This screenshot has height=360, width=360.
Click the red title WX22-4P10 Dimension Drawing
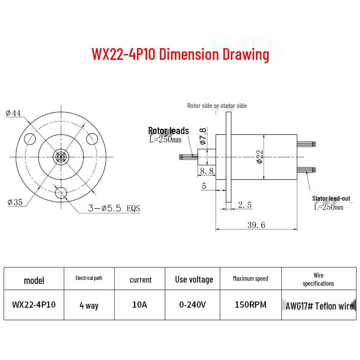tap(180, 54)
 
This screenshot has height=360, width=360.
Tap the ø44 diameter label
tap(13, 113)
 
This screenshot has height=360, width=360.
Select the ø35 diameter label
tap(15, 202)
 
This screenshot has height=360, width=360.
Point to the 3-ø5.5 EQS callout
tap(114, 208)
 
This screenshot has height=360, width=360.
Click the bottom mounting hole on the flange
tap(61, 193)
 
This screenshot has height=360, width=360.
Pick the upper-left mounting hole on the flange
tap(30, 139)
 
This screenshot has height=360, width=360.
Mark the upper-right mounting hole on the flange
tap(92, 139)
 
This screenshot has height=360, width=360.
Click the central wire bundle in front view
tap(61, 157)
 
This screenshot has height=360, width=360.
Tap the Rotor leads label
tap(168, 130)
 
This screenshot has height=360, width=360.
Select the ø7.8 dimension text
tap(203, 136)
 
